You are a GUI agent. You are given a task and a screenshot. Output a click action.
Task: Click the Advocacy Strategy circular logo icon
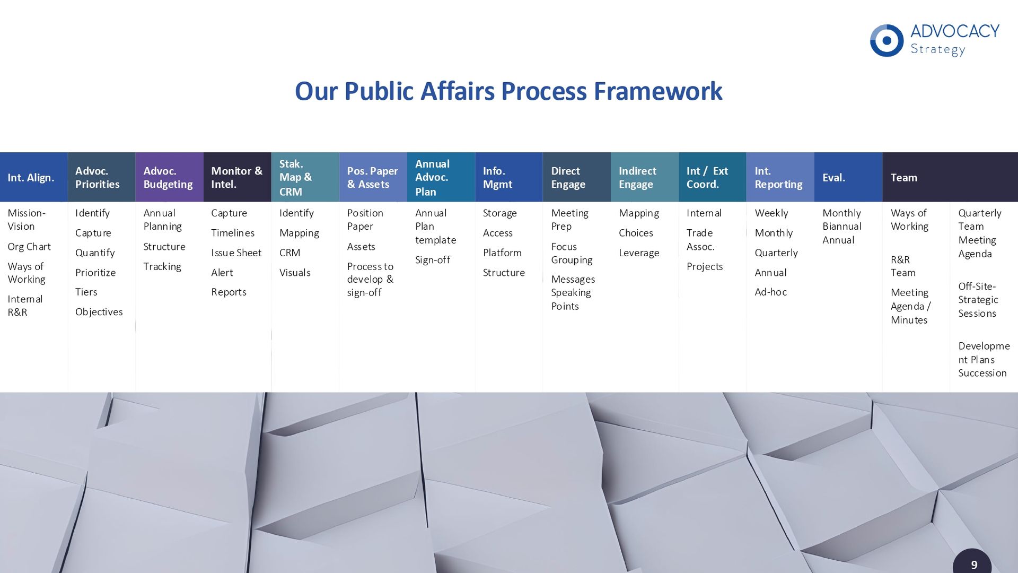pyautogui.click(x=887, y=40)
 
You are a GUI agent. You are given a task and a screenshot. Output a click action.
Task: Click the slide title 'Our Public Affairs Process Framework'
pyautogui.click(x=508, y=91)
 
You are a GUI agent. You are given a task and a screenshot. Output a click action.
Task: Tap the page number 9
pyautogui.click(x=974, y=565)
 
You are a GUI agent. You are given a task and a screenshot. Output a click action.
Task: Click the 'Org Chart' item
pyautogui.click(x=29, y=247)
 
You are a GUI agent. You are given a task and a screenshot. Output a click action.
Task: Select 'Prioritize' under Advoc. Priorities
pyautogui.click(x=95, y=272)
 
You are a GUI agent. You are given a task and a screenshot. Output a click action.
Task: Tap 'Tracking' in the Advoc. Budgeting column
pyautogui.click(x=162, y=266)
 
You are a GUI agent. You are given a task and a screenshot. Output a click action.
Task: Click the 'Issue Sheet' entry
pyautogui.click(x=236, y=253)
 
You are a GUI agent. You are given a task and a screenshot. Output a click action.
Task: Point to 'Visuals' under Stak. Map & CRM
pyautogui.click(x=295, y=272)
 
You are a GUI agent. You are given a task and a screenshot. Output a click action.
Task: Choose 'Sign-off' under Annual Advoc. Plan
pyautogui.click(x=433, y=259)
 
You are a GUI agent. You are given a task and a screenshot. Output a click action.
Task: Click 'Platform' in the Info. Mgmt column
pyautogui.click(x=502, y=253)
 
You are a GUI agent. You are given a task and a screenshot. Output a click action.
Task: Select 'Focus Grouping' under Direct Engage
pyautogui.click(x=572, y=253)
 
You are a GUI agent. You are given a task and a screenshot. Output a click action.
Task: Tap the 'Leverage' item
pyautogui.click(x=639, y=253)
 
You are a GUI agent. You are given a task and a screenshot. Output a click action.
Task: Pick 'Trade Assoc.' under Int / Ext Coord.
pyautogui.click(x=700, y=240)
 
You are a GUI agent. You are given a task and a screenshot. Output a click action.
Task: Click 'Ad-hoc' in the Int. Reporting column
pyautogui.click(x=770, y=292)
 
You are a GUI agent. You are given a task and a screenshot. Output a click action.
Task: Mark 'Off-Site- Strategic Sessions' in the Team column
pyautogui.click(x=978, y=300)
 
